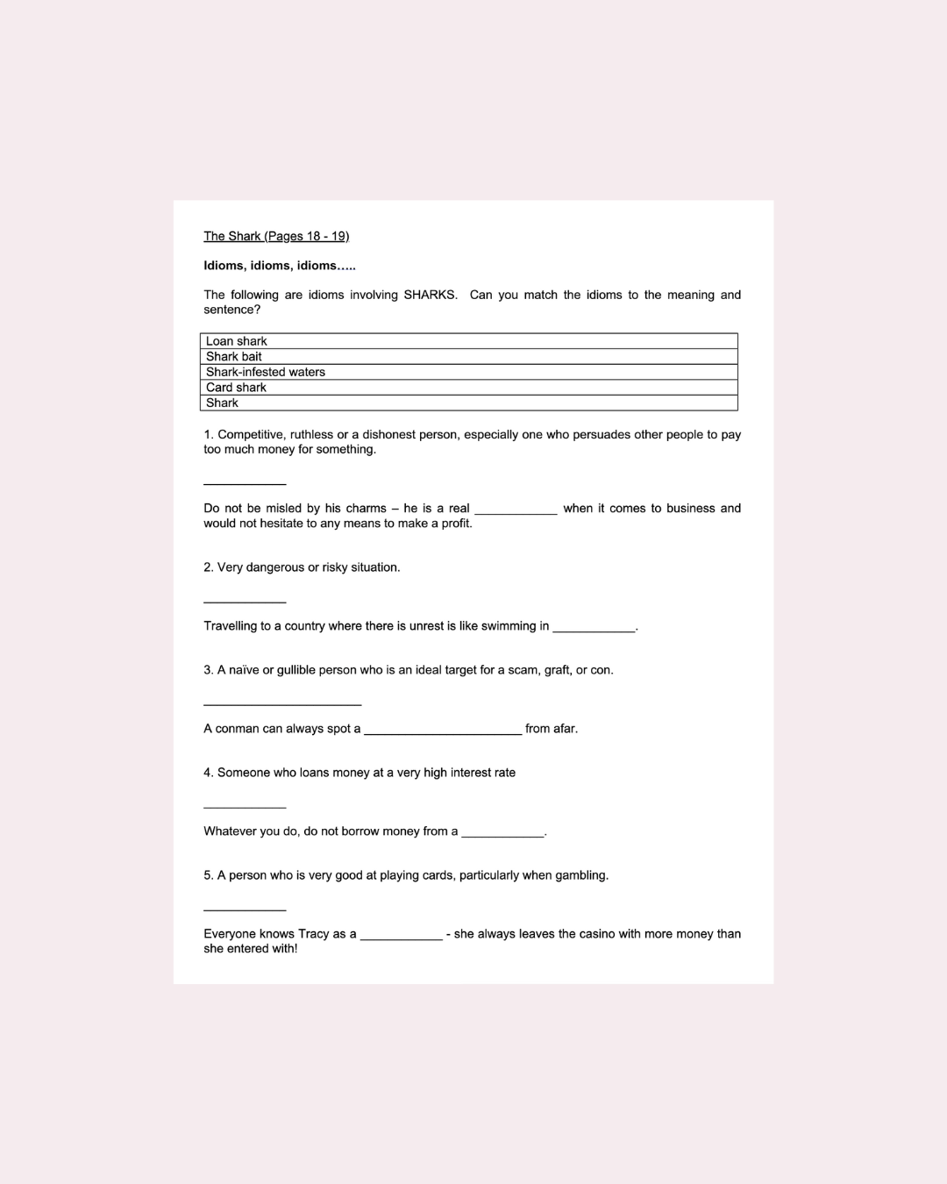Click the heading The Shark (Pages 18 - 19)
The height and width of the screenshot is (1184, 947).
point(276,236)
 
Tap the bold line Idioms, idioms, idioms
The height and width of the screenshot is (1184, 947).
point(279,265)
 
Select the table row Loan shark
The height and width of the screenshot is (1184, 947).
point(468,341)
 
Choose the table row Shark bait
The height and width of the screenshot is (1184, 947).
point(468,356)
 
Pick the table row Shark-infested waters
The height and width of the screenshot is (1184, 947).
point(468,372)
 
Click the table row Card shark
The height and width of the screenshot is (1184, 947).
point(468,387)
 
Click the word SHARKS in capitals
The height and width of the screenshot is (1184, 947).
point(430,295)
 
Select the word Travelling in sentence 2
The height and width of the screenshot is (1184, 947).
point(230,626)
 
